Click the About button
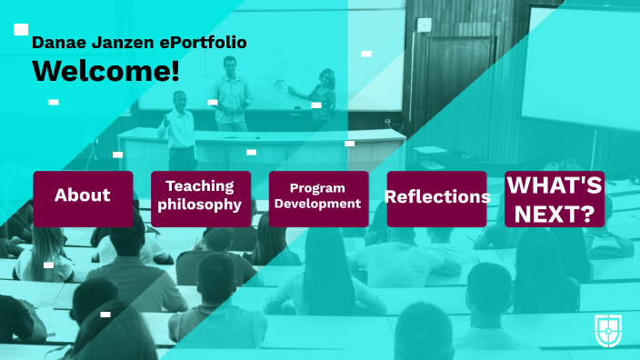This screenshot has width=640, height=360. click(x=83, y=196)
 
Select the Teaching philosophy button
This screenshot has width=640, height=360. click(x=200, y=196)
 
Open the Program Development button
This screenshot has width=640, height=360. click(x=318, y=196)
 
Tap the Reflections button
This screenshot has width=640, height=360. click(x=436, y=196)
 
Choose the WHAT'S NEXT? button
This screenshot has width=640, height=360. click(x=554, y=198)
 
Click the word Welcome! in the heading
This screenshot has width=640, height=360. click(x=105, y=71)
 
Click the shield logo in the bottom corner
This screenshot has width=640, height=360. click(x=608, y=330)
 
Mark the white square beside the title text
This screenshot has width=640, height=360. click(x=21, y=29)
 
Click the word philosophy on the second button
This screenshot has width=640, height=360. click(x=200, y=205)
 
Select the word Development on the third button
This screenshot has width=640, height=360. click(x=318, y=205)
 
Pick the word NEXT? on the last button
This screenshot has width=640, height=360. click(x=554, y=215)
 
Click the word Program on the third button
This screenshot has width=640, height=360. click(x=318, y=188)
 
